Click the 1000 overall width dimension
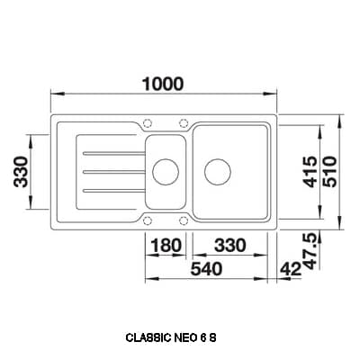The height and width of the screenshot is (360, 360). (x=161, y=84)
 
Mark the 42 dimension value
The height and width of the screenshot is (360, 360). (x=290, y=267)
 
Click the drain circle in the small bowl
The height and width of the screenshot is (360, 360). (x=164, y=168)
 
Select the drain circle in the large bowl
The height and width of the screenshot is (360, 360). (x=217, y=168)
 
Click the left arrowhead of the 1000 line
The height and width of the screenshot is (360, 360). (x=50, y=94)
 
